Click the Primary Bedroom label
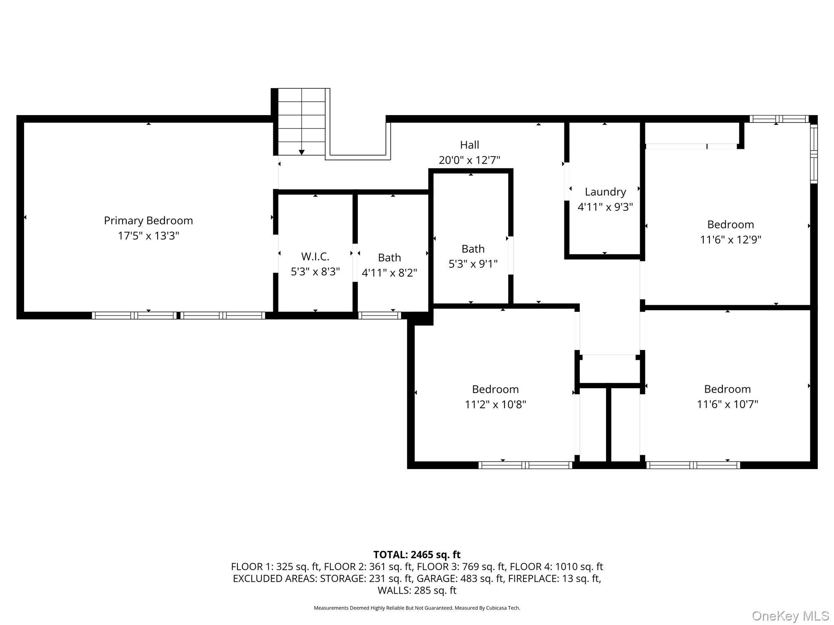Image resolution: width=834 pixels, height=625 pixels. click(x=148, y=221)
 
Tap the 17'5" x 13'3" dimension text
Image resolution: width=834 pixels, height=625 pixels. click(x=148, y=236)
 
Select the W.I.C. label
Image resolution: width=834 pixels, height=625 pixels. click(x=315, y=256)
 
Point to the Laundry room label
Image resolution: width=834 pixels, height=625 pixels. click(x=605, y=192)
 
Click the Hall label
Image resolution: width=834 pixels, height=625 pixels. click(x=470, y=145)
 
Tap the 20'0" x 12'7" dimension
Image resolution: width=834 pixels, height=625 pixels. click(x=469, y=160)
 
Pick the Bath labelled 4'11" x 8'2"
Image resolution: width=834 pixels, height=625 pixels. click(x=389, y=258)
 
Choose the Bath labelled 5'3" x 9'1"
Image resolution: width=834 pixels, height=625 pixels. click(x=473, y=249)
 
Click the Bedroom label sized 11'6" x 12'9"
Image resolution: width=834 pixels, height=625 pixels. click(x=731, y=225)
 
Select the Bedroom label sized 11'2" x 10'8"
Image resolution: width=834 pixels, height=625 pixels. click(x=495, y=389)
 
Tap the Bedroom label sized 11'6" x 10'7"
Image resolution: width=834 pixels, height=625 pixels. click(x=727, y=389)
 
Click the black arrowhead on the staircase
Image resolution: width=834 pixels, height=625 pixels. click(x=301, y=152)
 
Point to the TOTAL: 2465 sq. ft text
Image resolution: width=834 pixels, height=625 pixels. click(x=417, y=555)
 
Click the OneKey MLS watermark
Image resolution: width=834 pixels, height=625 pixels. click(x=790, y=616)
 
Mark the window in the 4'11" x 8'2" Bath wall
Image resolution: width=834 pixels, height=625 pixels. click(x=380, y=315)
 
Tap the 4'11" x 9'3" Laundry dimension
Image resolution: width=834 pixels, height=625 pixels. click(x=605, y=207)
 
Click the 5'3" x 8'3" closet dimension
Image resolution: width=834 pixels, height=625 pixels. click(x=315, y=271)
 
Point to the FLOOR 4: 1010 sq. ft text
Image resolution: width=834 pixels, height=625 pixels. click(x=556, y=566)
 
